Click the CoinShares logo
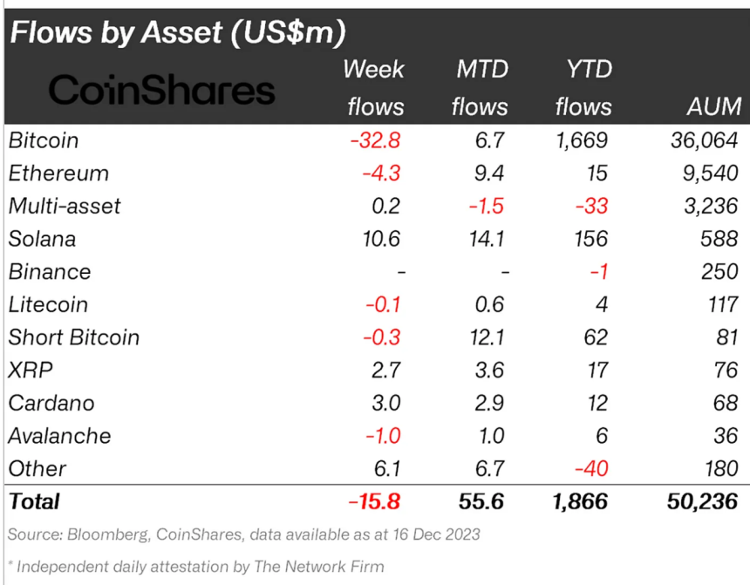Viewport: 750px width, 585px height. click(161, 90)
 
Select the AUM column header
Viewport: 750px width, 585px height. click(712, 106)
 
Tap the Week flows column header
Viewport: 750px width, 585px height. click(375, 87)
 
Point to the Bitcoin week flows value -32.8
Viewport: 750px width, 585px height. click(375, 139)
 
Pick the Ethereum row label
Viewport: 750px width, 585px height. click(58, 173)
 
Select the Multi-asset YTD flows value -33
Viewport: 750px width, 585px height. click(591, 206)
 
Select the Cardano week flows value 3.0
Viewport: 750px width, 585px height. click(385, 403)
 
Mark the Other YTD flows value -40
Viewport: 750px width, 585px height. click(591, 469)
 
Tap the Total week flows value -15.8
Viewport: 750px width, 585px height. click(373, 501)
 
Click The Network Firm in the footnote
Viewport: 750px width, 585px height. click(318, 567)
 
